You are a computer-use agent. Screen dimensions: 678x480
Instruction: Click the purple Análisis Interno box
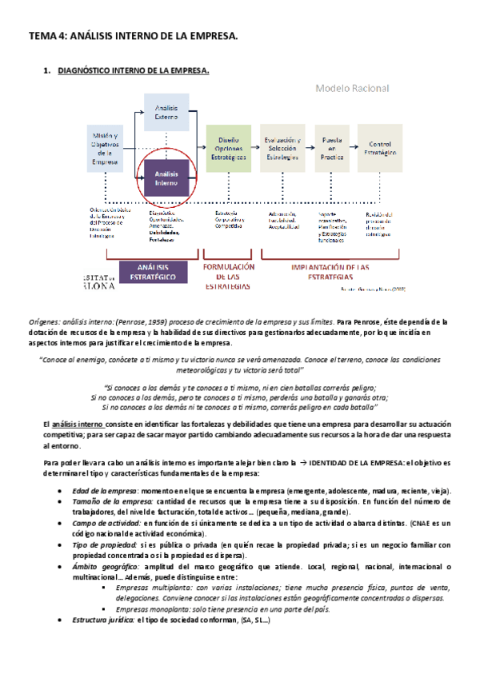pyautogui.click(x=166, y=178)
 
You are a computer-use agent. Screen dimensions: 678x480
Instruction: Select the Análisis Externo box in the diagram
pyautogui.click(x=166, y=116)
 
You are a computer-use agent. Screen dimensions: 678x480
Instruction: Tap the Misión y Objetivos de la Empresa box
pyautogui.click(x=105, y=150)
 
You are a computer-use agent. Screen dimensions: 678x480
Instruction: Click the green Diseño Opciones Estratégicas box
pyautogui.click(x=228, y=149)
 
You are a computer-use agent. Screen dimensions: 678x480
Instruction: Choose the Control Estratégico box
pyautogui.click(x=381, y=149)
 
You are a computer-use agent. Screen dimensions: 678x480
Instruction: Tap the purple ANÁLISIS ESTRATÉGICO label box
pyautogui.click(x=154, y=271)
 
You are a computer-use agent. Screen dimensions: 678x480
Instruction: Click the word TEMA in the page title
pyautogui.click(x=42, y=36)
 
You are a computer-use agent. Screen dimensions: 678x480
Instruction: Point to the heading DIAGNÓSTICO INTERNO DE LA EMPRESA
pyautogui.click(x=134, y=72)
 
